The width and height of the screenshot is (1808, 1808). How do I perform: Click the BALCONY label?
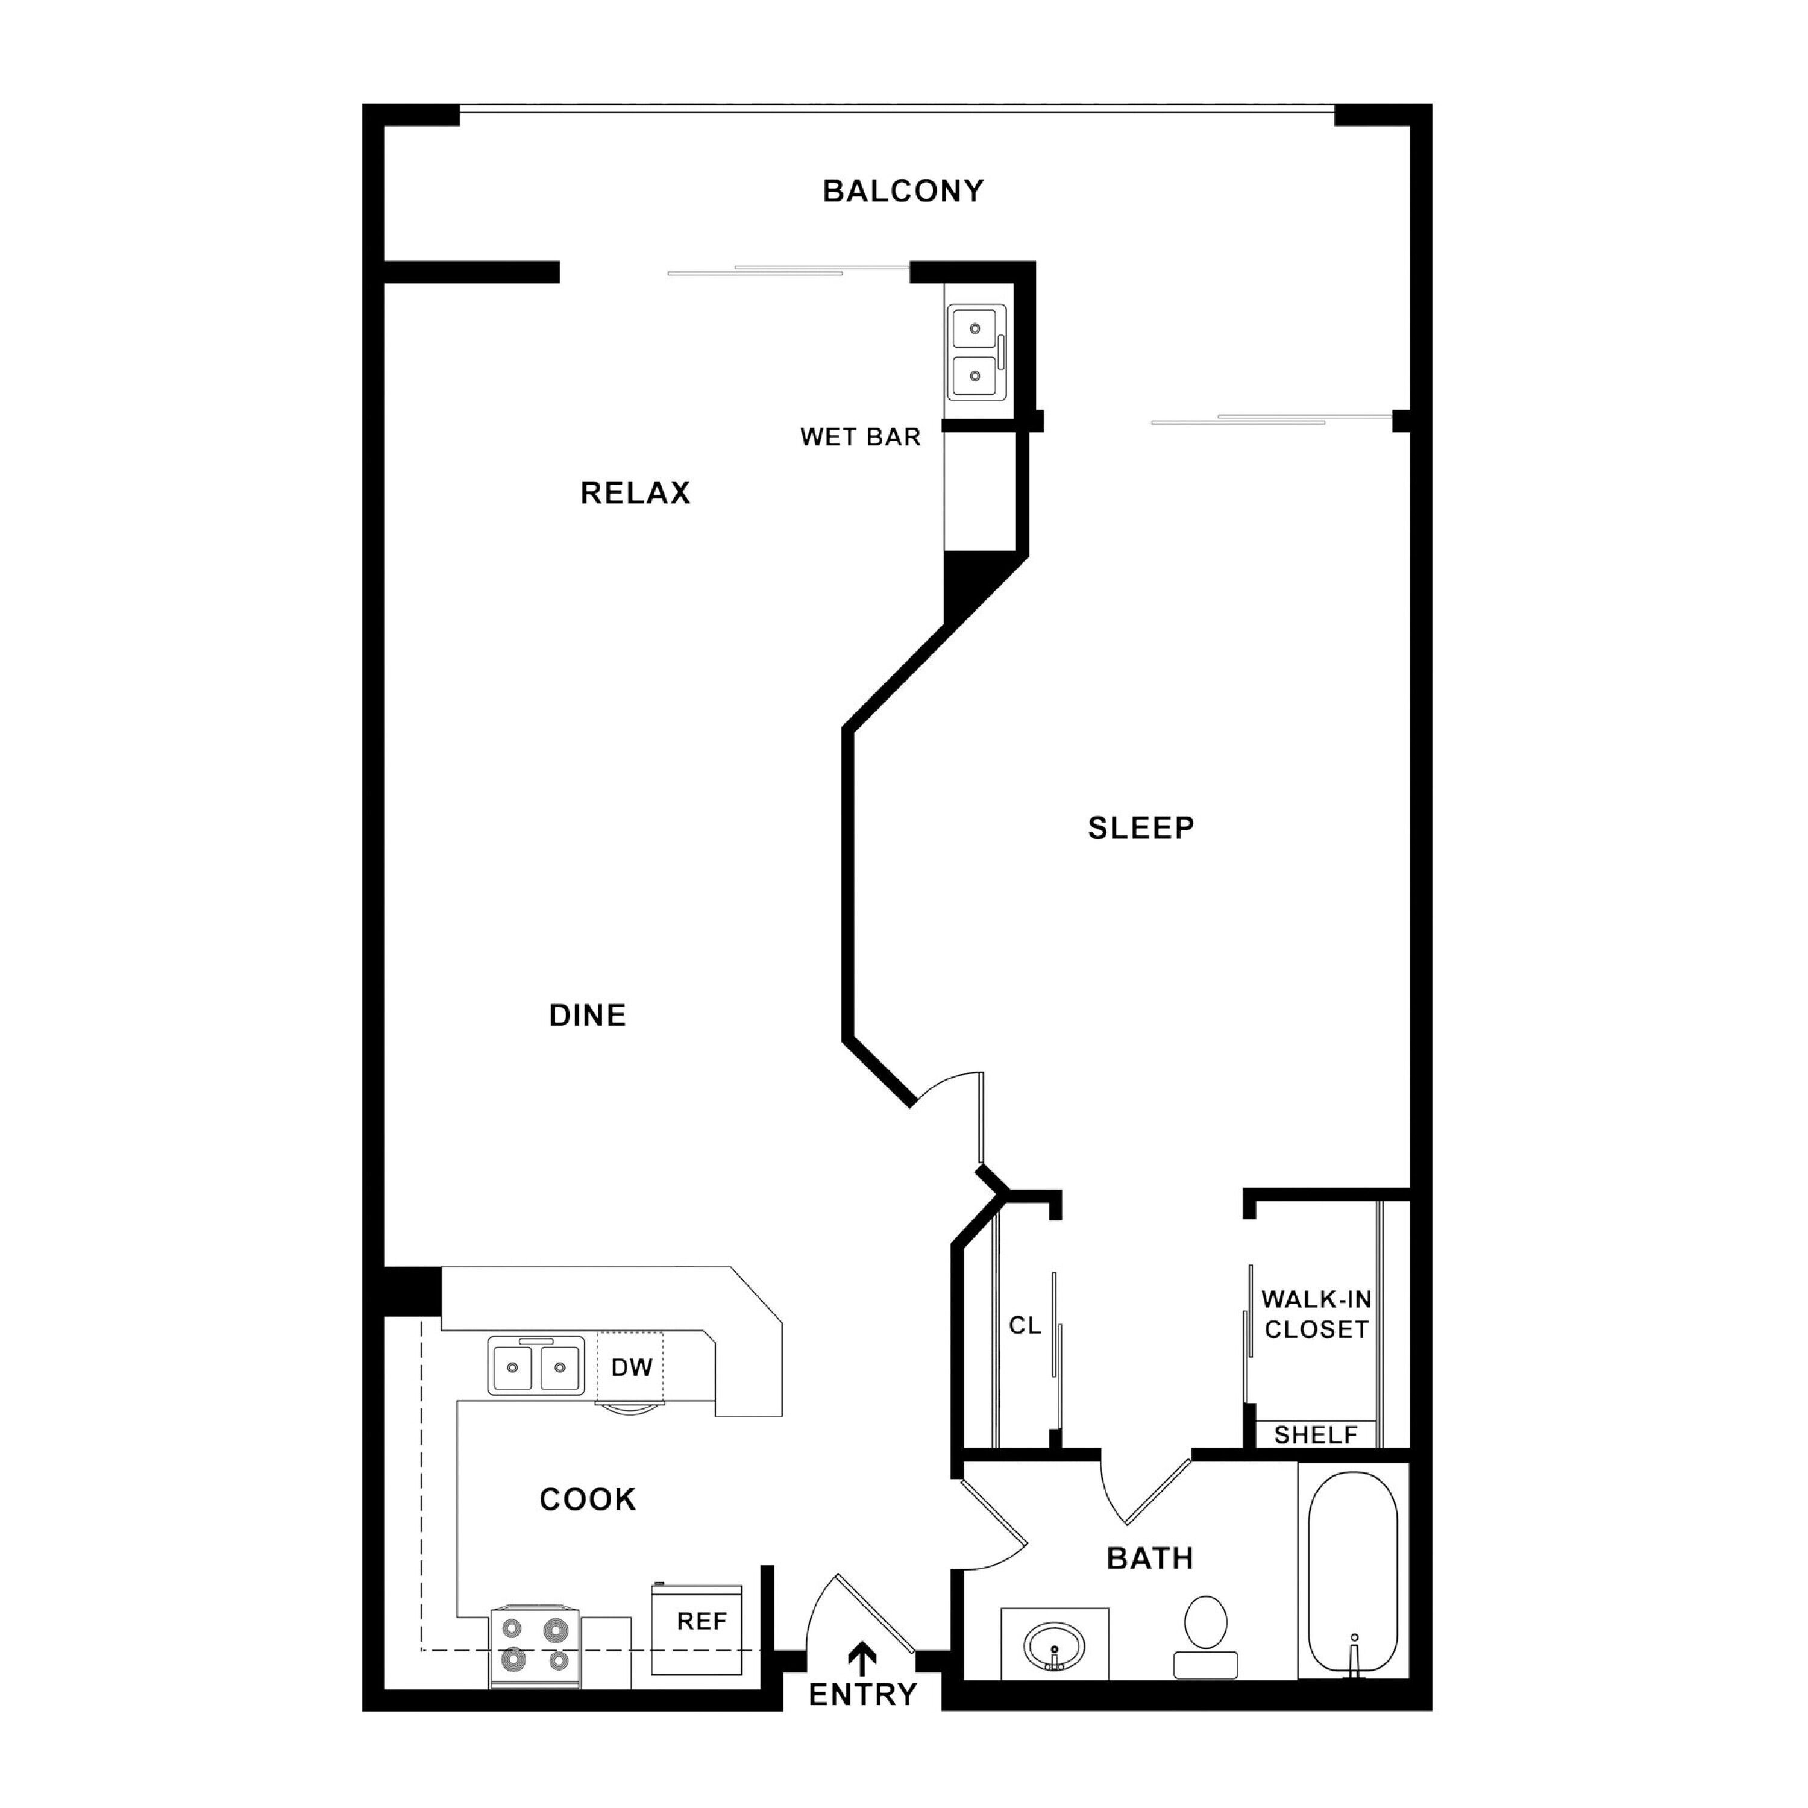pos(903,191)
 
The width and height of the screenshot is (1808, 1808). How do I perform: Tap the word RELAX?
pos(635,492)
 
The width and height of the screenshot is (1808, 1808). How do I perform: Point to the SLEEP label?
pos(1141,827)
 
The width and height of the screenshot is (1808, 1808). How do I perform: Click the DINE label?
pos(588,1015)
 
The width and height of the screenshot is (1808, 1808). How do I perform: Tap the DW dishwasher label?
pos(632,1367)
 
